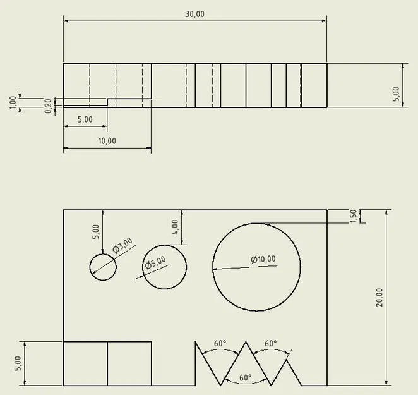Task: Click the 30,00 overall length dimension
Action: [195, 15]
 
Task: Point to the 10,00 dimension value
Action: [107, 141]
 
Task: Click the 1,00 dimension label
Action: [13, 102]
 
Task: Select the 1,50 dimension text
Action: [354, 216]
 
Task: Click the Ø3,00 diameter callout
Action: [122, 246]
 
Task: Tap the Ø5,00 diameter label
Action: [155, 262]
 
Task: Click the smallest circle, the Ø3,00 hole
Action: [103, 267]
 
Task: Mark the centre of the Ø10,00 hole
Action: [256, 267]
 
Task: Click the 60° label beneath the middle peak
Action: [245, 377]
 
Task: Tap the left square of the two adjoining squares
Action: [85, 363]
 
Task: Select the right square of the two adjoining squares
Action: [129, 363]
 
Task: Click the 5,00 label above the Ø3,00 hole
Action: [96, 231]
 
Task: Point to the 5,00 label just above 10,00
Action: [85, 119]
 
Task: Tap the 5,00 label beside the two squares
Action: [18, 363]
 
